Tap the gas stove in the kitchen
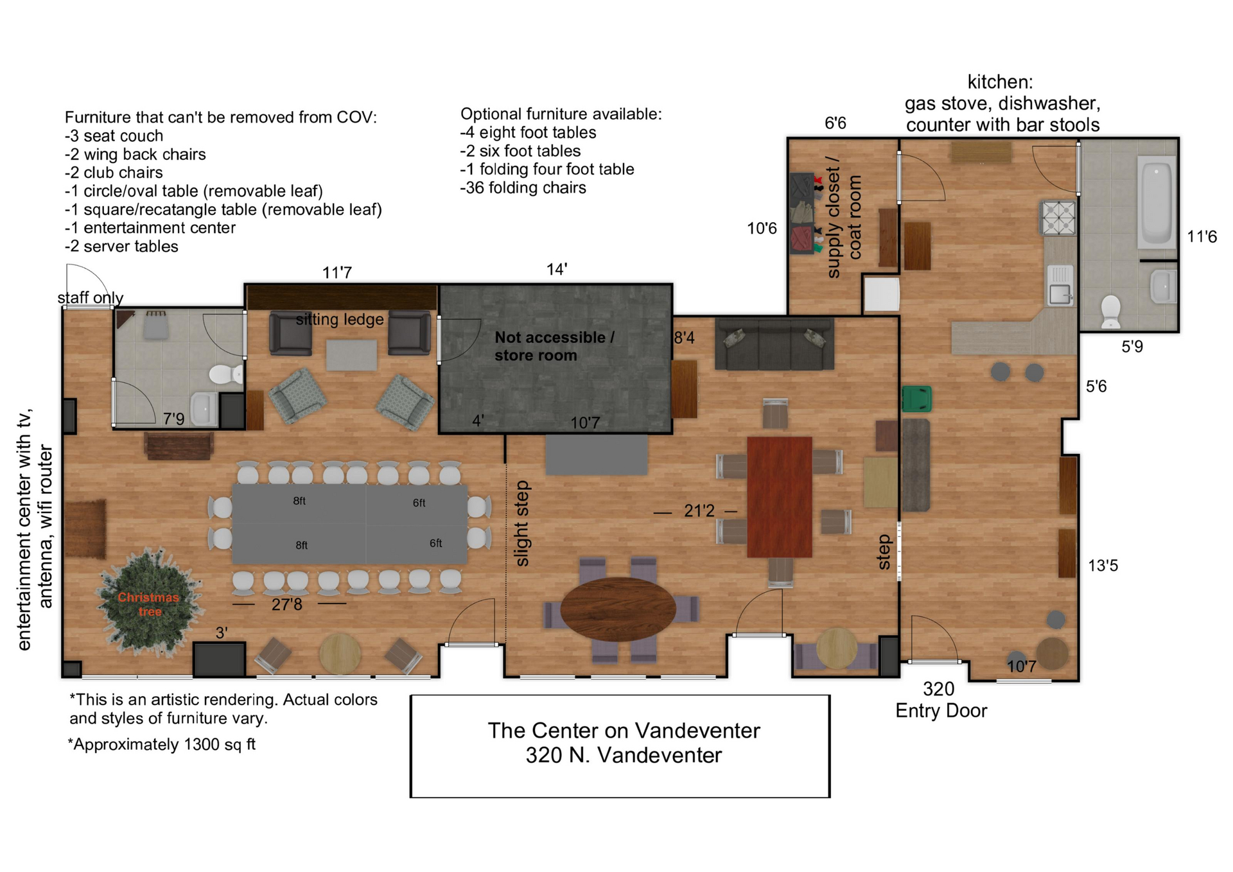point(1058,218)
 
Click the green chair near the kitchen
point(916,398)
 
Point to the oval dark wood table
point(618,609)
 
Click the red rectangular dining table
point(780,497)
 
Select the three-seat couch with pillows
point(774,344)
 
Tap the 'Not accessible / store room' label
point(554,346)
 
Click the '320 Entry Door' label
point(941,700)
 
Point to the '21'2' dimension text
point(699,511)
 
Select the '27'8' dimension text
point(286,604)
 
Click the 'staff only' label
point(91,298)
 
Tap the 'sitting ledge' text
point(340,320)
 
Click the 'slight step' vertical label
point(522,523)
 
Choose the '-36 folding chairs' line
point(523,187)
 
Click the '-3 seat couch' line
point(114,136)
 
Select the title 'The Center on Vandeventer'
point(624,731)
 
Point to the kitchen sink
point(1060,284)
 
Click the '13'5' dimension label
point(1103,566)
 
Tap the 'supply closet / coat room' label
point(844,218)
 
